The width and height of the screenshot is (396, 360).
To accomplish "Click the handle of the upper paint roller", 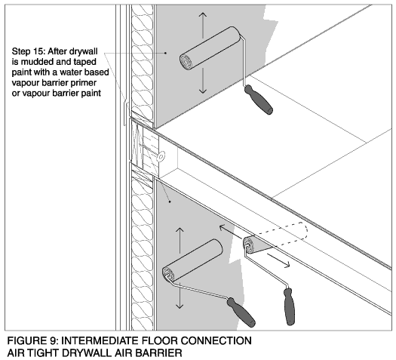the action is (259, 100).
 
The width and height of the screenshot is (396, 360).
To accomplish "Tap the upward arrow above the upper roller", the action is (203, 25).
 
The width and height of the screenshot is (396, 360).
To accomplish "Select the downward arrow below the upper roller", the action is (203, 81).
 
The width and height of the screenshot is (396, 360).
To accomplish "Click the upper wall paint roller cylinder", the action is (210, 48).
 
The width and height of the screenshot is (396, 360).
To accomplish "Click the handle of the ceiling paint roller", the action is (289, 306).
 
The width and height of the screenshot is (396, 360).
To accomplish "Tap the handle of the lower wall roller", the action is (241, 312).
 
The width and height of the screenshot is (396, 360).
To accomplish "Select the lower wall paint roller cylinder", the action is (192, 260).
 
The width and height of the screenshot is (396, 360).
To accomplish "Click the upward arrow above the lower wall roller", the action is (180, 240).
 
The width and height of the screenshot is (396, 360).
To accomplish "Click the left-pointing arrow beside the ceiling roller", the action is (231, 232).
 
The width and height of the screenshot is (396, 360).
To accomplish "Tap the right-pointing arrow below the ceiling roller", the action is (278, 260).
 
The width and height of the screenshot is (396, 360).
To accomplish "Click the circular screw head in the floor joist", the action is (161, 156).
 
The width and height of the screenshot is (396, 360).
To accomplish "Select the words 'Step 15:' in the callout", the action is (29, 51).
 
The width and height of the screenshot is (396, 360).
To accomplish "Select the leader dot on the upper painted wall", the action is (166, 53).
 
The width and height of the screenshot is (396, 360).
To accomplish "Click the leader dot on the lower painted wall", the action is (170, 202).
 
